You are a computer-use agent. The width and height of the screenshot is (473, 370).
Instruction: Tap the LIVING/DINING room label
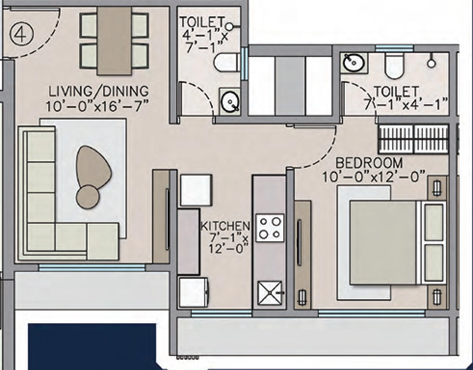tap(99, 91)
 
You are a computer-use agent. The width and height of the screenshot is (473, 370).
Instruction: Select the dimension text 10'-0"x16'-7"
tap(98, 106)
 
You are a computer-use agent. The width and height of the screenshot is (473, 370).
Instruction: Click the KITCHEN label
tap(225, 226)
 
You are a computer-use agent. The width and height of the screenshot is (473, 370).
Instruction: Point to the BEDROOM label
tap(369, 163)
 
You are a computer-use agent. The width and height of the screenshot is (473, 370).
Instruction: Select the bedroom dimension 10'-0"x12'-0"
tap(374, 177)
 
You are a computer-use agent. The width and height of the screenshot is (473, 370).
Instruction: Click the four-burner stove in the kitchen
tap(270, 227)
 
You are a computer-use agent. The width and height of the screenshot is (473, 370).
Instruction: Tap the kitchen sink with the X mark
tap(270, 293)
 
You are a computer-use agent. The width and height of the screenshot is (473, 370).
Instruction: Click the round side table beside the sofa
tap(88, 196)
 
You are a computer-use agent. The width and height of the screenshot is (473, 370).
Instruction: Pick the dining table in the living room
tap(114, 41)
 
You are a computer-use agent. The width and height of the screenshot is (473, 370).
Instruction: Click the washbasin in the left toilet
tap(230, 101)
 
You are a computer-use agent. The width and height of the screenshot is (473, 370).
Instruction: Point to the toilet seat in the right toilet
tap(395, 67)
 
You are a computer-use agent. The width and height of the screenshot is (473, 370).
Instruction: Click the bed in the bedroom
tap(397, 243)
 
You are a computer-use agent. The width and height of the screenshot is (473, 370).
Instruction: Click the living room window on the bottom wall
tap(92, 267)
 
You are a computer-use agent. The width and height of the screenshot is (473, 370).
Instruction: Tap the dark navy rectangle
tap(92, 346)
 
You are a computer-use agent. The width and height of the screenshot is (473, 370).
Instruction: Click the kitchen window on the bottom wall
tap(221, 313)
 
